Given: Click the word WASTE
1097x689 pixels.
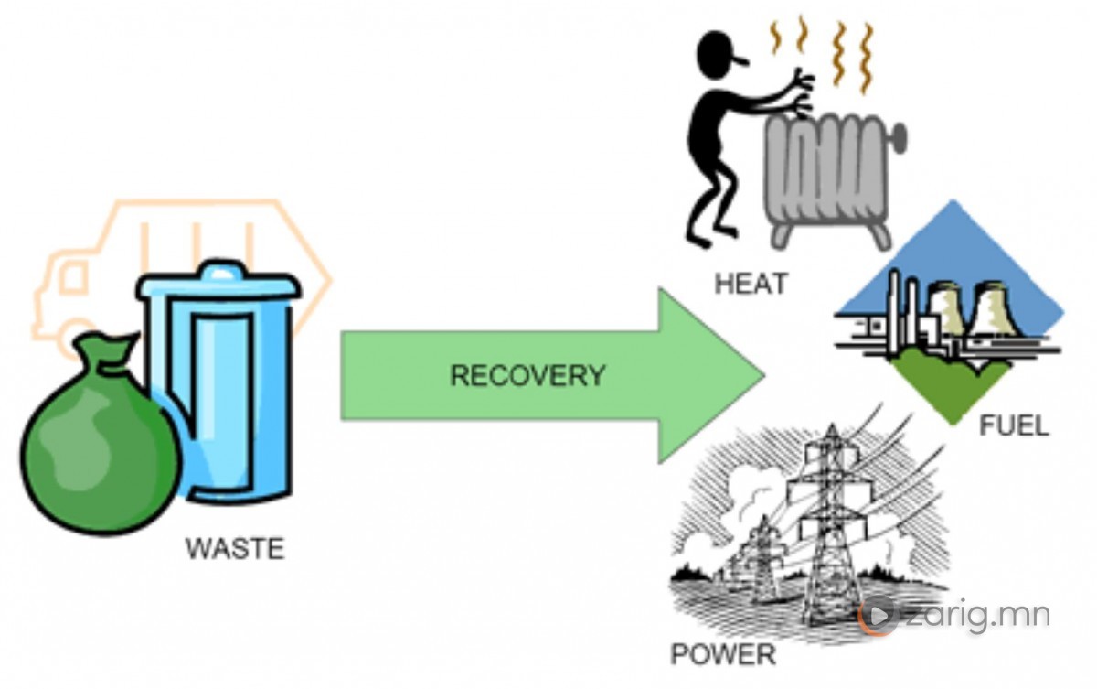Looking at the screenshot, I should pyautogui.click(x=235, y=549).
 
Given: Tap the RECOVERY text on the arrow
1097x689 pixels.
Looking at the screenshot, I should pyautogui.click(x=527, y=376).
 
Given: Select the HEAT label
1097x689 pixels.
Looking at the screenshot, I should pyautogui.click(x=750, y=285).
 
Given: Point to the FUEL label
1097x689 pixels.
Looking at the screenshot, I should pyautogui.click(x=1014, y=426).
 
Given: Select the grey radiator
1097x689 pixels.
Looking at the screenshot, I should pyautogui.click(x=827, y=178).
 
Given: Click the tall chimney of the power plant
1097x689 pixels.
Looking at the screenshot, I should pyautogui.click(x=911, y=311).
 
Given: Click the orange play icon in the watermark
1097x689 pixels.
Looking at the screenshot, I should pyautogui.click(x=879, y=614).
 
